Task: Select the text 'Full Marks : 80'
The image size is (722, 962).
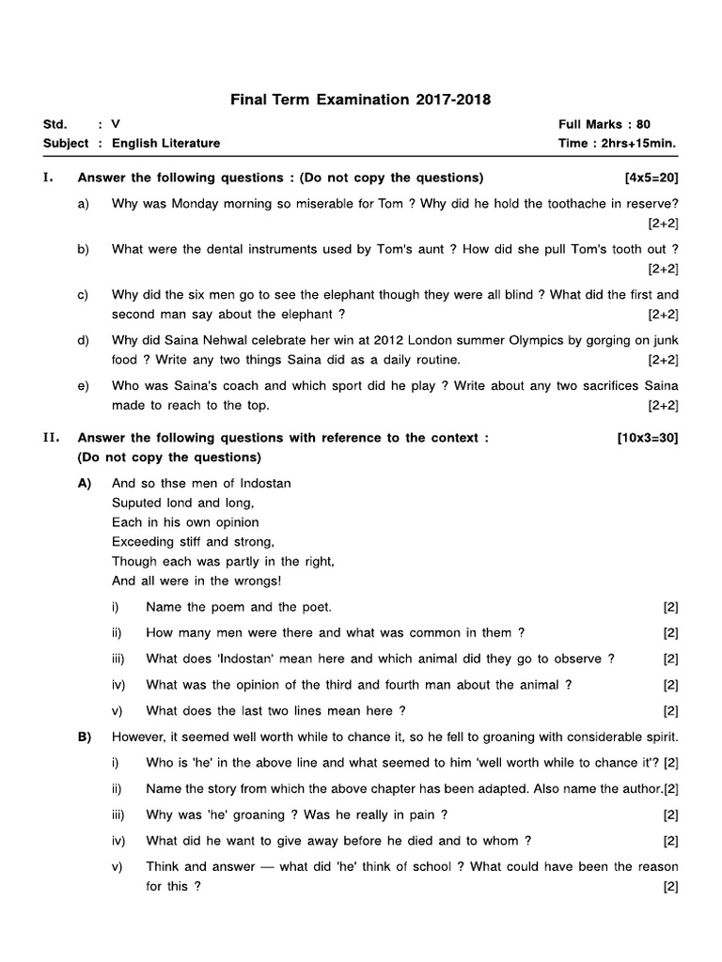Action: tap(604, 124)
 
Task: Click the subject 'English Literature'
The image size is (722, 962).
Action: tap(165, 143)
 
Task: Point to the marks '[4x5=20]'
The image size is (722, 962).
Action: tap(651, 178)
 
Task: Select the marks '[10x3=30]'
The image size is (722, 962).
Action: tap(647, 438)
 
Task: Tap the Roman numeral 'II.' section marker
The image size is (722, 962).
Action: tap(52, 438)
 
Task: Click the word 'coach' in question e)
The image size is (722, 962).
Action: tap(241, 386)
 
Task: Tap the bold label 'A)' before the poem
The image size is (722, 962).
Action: tap(85, 483)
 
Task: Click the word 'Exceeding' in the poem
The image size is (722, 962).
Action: tap(142, 541)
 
